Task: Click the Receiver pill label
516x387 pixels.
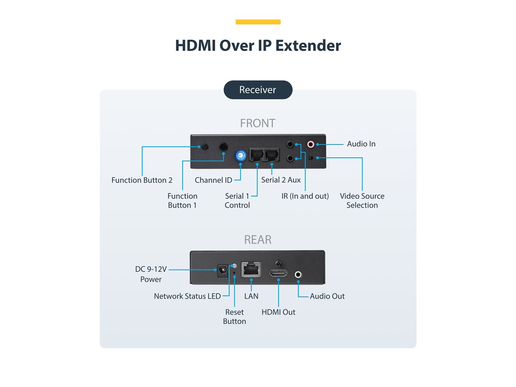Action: tap(258, 90)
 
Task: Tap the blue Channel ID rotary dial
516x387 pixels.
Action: tap(240, 156)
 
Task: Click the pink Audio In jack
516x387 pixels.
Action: tap(310, 145)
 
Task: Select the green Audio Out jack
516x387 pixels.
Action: tap(298, 273)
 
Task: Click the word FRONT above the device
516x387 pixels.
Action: tap(258, 123)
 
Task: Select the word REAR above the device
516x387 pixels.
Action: tap(258, 240)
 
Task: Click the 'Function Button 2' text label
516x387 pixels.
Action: tap(142, 180)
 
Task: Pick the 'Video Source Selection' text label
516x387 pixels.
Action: tap(362, 200)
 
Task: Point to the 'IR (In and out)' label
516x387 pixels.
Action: tap(305, 196)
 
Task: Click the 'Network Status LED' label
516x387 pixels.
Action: tap(187, 296)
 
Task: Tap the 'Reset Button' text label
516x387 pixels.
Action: tap(234, 316)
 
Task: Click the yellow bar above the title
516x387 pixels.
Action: tap(258, 22)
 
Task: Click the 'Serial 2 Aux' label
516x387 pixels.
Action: tap(281, 180)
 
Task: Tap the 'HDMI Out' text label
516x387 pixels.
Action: tap(278, 312)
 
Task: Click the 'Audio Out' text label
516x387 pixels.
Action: tap(327, 296)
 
